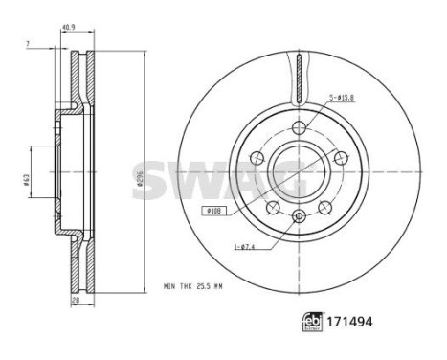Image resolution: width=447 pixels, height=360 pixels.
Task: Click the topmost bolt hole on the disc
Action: pos(299,128)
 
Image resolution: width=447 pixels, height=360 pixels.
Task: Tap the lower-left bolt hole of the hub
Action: pos(273,207)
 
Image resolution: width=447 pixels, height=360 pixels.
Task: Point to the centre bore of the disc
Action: pos(299,172)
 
